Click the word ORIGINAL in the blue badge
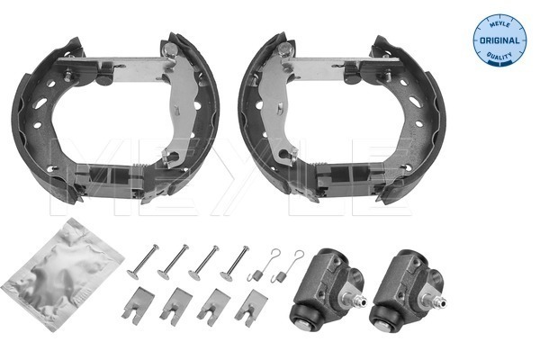(499, 40)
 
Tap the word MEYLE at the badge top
(499, 24)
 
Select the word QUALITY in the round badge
(499, 55)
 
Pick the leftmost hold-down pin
(143, 261)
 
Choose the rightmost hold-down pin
(235, 262)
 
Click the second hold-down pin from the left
(173, 262)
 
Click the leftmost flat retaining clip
(138, 306)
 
